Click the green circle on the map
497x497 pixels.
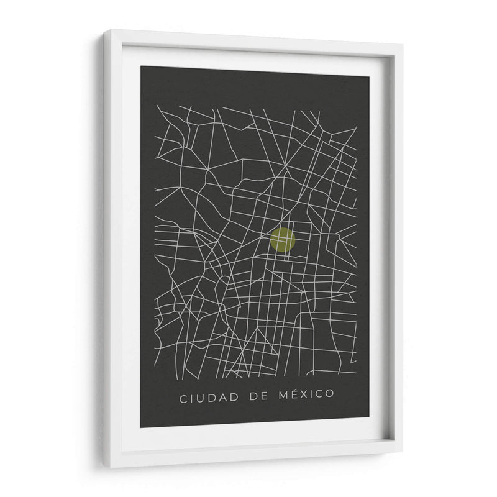pyautogui.click(x=282, y=240)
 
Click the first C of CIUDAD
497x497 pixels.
pyautogui.click(x=183, y=397)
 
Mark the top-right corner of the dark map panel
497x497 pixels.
pyautogui.click(x=370, y=76)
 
